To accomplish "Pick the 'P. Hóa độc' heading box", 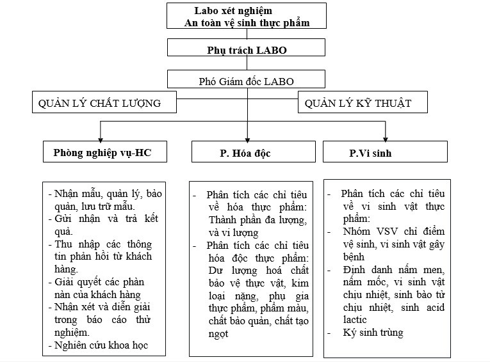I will pyautogui.click(x=247, y=152).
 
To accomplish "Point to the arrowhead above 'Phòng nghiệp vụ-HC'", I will pyautogui.click(x=99, y=136).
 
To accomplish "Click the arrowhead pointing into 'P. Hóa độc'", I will pyautogui.click(x=247, y=136).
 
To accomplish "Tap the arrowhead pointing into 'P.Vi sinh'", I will pyautogui.click(x=385, y=136).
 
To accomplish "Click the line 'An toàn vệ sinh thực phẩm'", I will pyautogui.click(x=247, y=23).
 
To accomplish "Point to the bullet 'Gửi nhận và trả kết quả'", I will pyautogui.click(x=102, y=224).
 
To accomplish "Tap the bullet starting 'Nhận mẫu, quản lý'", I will pyautogui.click(x=102, y=199).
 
